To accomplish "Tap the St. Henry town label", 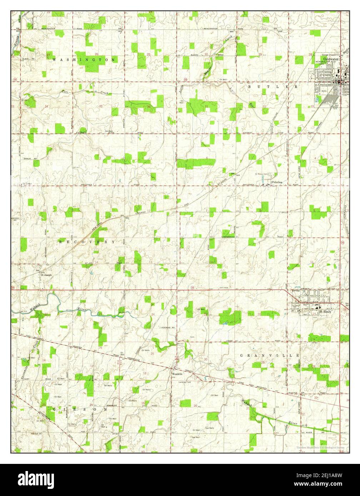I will [325, 311].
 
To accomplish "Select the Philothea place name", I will [277, 182].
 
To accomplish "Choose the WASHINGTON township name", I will [84, 60].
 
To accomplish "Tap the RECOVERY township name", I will [87, 242].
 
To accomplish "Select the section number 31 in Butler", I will [207, 106].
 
